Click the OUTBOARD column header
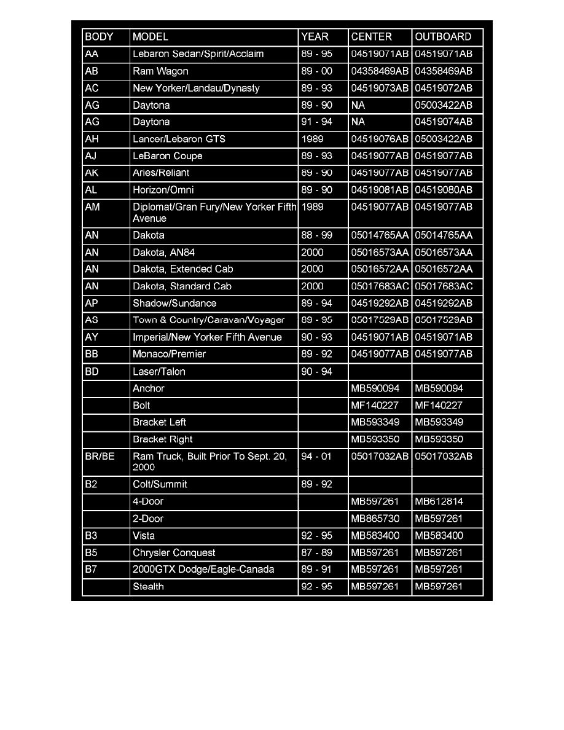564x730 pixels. coord(443,37)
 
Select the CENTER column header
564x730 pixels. coord(371,37)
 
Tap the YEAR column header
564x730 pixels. coord(315,37)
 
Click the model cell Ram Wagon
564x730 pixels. coord(160,71)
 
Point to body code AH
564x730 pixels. coord(92,139)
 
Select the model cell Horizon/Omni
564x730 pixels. coord(163,190)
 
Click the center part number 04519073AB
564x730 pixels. coord(380,88)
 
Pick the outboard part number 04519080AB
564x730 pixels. coord(444,190)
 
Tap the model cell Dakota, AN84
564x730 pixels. coord(166,252)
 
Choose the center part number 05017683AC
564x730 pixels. coord(380,286)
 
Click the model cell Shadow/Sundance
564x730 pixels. coord(174,303)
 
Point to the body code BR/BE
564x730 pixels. coord(100,457)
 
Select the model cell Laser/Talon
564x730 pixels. coord(159,371)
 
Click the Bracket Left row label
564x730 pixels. coord(159,422)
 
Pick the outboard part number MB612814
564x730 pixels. coord(439,501)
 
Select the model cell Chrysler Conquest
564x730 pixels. coord(174,552)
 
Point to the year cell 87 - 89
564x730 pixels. coord(317,552)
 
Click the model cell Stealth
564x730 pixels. coord(148,586)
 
